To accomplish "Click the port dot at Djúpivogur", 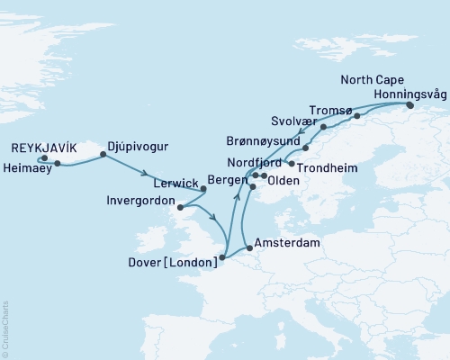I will coord(102,155).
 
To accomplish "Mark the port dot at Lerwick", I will coord(202,189).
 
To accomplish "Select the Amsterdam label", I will coord(286,243).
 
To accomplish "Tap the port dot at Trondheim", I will coord(292,163).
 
